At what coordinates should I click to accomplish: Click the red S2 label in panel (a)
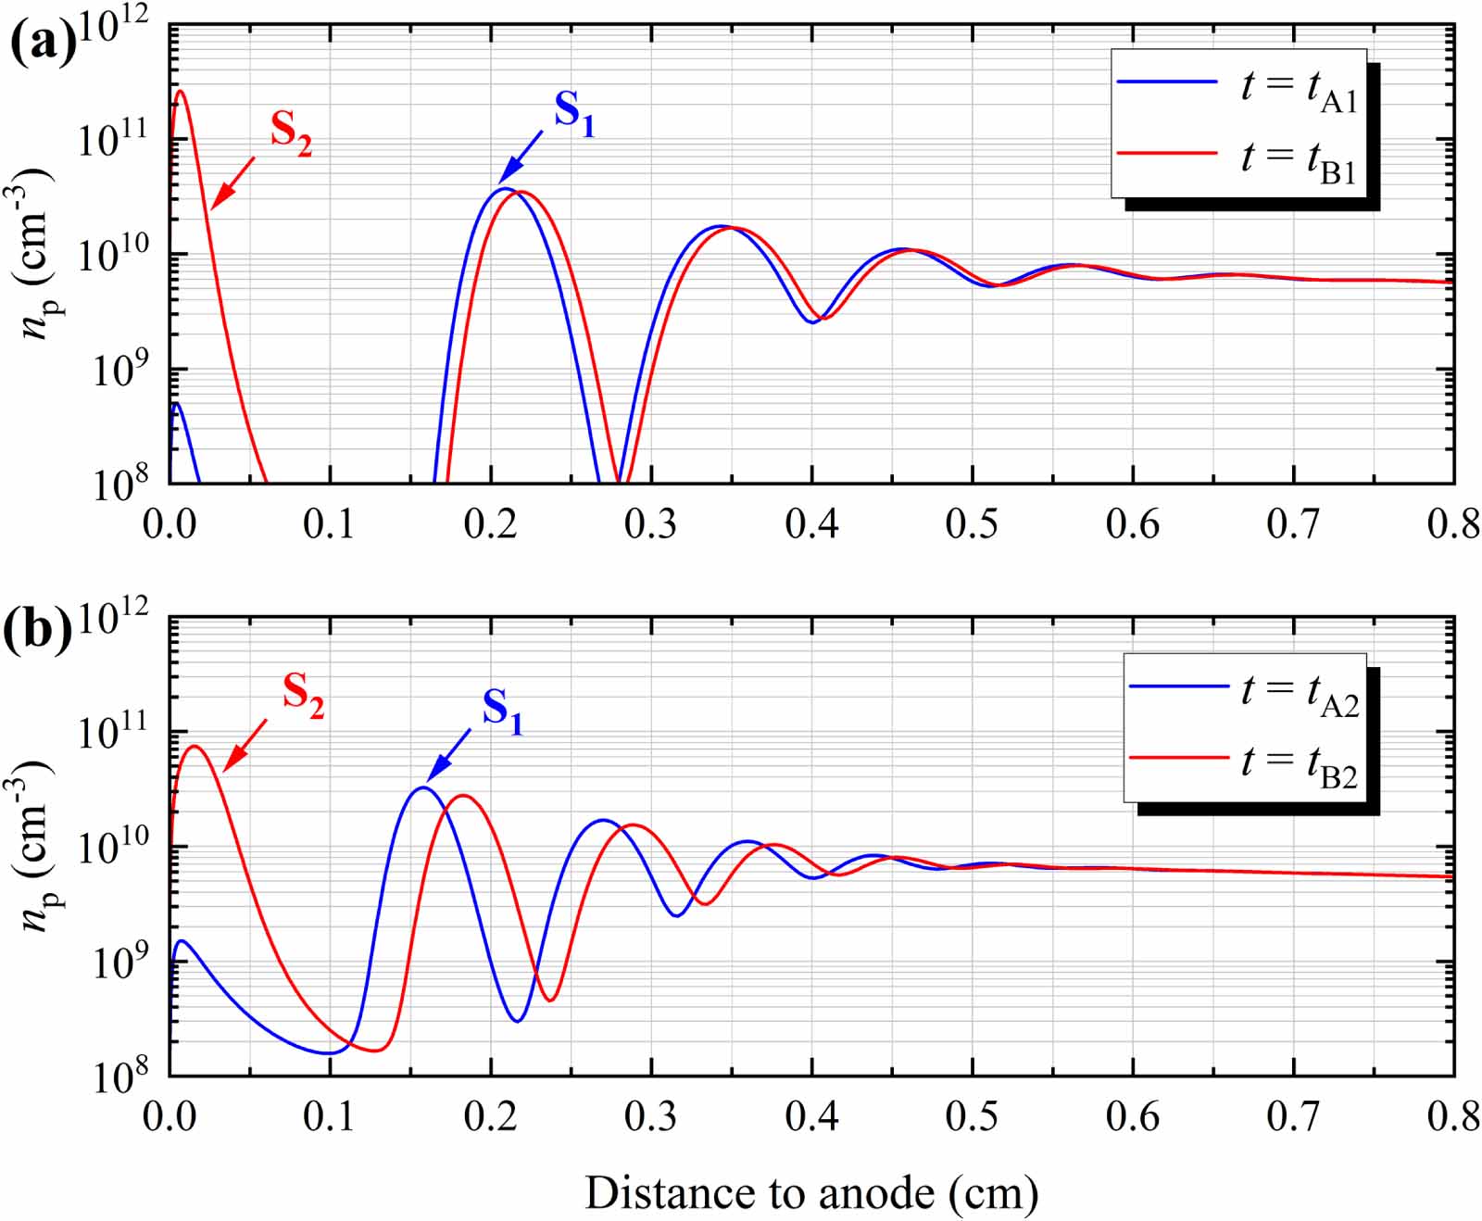pyautogui.click(x=291, y=132)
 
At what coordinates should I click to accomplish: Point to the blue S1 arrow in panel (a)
pyautogui.click(x=521, y=157)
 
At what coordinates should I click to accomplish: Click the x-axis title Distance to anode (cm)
pyautogui.click(x=811, y=1193)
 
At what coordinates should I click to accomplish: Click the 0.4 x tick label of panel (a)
pyautogui.click(x=811, y=524)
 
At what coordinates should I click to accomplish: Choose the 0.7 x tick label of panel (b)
pyautogui.click(x=1293, y=1117)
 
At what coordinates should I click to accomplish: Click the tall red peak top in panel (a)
pyautogui.click(x=180, y=91)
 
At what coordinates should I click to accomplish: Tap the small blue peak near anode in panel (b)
pyautogui.click(x=182, y=941)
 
